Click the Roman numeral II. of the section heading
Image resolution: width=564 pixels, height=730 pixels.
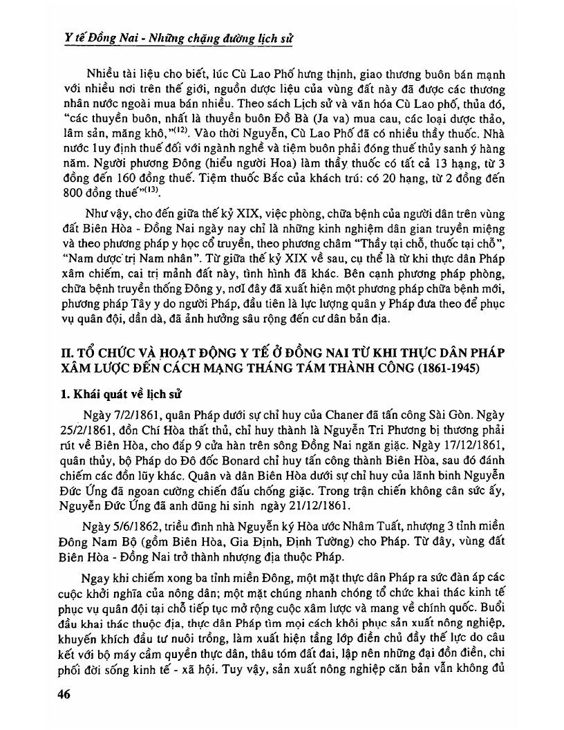pyautogui.click(x=65, y=353)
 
